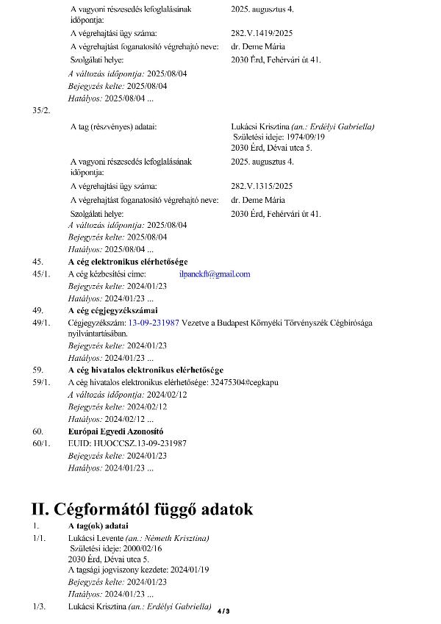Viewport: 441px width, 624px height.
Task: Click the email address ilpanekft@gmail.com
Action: click(214, 274)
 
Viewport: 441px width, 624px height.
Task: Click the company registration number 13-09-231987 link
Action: click(154, 323)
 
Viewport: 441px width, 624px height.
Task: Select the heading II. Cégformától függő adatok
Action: click(142, 509)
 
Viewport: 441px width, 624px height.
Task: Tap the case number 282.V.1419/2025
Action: click(262, 33)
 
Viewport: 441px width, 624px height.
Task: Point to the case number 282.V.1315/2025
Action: click(262, 187)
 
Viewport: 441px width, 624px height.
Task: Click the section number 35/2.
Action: click(42, 110)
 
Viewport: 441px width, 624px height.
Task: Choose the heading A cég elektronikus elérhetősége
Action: click(128, 262)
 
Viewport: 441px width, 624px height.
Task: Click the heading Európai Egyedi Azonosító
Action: click(115, 431)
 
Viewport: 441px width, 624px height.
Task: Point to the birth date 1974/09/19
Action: click(300, 137)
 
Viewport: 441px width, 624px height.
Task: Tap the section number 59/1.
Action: click(41, 382)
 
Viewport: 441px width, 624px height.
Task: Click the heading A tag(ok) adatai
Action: click(98, 526)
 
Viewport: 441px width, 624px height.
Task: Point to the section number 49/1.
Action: click(41, 323)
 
